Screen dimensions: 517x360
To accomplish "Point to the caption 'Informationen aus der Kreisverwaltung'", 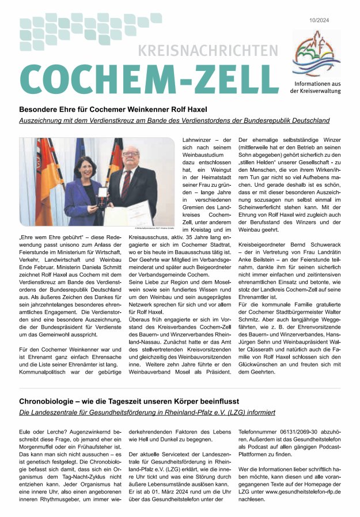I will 315,88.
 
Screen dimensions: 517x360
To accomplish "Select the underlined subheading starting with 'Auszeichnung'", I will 175,120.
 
